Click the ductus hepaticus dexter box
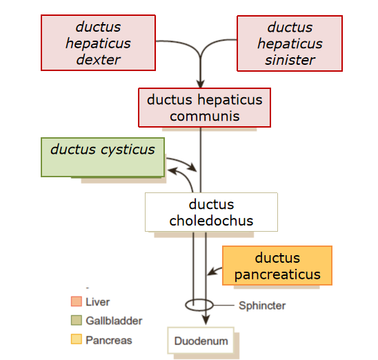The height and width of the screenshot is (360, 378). tap(98, 43)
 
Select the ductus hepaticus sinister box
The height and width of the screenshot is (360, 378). tap(290, 43)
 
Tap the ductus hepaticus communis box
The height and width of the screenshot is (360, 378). tap(204, 108)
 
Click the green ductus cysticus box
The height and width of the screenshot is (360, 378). tap(103, 157)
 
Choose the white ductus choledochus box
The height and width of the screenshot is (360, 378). tap(211, 212)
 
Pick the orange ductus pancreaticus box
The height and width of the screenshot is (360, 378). tap(277, 266)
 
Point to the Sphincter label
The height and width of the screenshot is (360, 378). tap(261, 306)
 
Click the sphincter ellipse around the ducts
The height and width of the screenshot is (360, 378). tap(199, 305)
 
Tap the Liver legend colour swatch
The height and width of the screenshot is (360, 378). tap(76, 301)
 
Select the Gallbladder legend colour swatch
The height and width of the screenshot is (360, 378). tap(76, 321)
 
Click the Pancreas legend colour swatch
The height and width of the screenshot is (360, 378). tap(76, 340)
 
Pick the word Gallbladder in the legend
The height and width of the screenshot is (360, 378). tap(114, 321)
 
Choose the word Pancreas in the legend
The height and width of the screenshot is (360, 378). tap(108, 340)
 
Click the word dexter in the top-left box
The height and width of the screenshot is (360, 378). tap(98, 59)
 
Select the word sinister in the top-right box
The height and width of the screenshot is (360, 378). tap(290, 59)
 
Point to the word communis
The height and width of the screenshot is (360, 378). tap(204, 116)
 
